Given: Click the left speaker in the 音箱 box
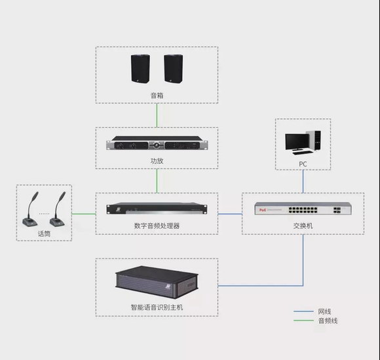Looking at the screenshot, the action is click(140, 69).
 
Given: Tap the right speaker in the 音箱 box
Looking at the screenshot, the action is click(174, 69).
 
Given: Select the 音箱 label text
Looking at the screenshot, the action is click(157, 95).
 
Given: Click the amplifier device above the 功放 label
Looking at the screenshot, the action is click(157, 143).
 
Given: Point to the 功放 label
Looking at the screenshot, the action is click(157, 161).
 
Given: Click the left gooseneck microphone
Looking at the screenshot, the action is click(31, 209).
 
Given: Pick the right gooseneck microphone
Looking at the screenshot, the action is click(58, 209).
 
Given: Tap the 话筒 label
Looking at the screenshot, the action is click(44, 233).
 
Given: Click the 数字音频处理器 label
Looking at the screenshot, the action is click(157, 226).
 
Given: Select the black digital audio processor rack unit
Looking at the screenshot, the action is click(157, 209).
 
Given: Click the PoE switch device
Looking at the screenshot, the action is click(303, 209).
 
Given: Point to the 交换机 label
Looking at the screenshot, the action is click(303, 226).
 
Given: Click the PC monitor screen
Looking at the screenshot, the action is click(297, 142).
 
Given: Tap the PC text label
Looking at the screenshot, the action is click(303, 164).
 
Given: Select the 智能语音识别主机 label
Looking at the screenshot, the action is click(157, 308).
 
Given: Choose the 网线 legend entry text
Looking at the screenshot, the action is click(324, 311).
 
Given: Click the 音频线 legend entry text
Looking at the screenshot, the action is click(328, 321).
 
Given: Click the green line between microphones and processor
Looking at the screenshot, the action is click(84, 214).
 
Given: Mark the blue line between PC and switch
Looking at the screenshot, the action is click(303, 181).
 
